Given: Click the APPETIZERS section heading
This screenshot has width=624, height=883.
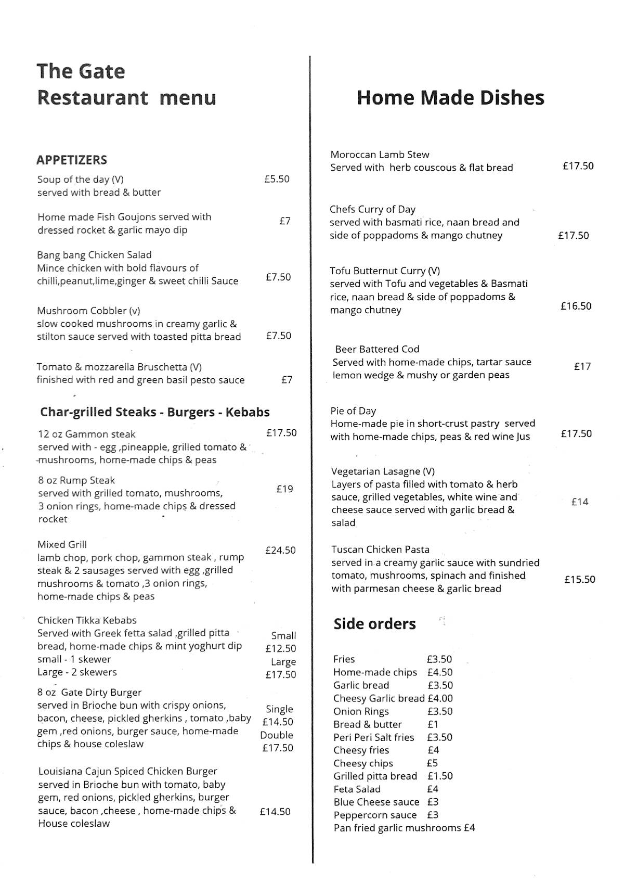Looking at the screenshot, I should [72, 160].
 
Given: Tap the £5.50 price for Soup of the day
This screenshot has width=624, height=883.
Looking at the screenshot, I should [277, 179].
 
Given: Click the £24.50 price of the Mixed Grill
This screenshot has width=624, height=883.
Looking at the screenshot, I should [280, 550].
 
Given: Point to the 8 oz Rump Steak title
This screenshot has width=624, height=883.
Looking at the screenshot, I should [76, 480].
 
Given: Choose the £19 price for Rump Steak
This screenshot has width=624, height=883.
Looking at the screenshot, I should [284, 489].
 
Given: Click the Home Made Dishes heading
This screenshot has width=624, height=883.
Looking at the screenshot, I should [450, 98].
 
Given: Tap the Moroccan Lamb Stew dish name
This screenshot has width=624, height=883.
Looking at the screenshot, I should [380, 155].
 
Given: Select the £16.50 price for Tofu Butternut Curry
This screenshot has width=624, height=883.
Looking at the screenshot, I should [576, 306].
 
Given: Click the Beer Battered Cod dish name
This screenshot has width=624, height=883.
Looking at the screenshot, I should [377, 349].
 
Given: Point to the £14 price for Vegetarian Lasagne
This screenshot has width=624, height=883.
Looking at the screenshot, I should [580, 502].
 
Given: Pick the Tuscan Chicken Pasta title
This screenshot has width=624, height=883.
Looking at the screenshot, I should [380, 549].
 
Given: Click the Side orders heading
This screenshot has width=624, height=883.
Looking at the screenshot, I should [374, 624].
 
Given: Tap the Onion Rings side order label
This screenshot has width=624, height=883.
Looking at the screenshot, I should [361, 711].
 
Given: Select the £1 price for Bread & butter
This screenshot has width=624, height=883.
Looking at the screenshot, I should [433, 724].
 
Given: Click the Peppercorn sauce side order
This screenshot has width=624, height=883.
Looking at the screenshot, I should [375, 815].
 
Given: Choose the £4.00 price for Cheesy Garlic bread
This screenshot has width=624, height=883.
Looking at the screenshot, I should [440, 698].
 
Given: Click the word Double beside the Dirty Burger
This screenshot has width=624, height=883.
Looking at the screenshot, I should [277, 735].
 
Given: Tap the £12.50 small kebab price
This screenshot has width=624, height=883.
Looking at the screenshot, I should [280, 648].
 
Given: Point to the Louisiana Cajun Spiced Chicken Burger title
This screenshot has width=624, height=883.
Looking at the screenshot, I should [127, 771].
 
